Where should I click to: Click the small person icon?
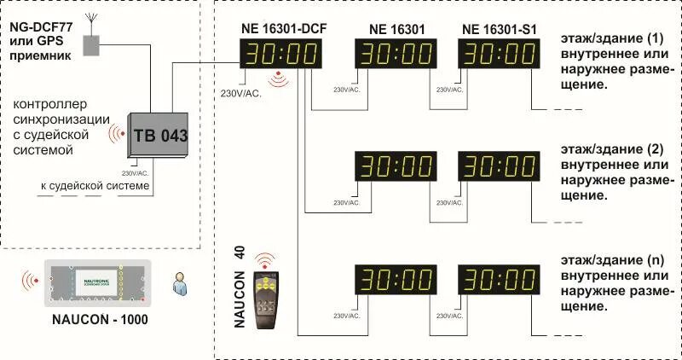pos(179,282)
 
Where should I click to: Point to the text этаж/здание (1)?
pos(610,39)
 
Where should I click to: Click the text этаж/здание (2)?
pos(610,148)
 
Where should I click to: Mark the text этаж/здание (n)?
pos(610,258)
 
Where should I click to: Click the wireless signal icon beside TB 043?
pos(115,135)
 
